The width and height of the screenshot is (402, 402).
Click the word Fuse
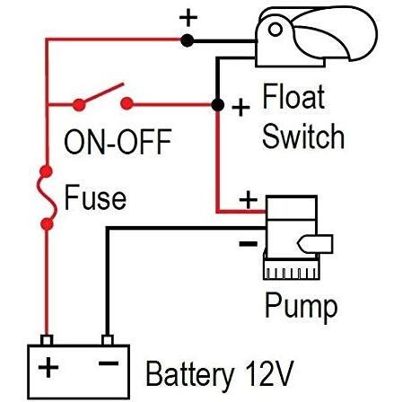point(95,197)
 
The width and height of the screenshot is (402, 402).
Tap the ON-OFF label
point(118,142)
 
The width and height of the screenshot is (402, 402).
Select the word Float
point(293,96)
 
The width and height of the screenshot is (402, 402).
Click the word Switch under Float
point(303,136)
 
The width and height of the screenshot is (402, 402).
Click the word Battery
point(189,375)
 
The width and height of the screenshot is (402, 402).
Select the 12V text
point(269,373)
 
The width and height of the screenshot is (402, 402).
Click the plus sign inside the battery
point(48,366)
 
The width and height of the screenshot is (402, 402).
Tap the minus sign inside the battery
point(109,363)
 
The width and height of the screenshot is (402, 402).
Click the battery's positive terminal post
point(47,340)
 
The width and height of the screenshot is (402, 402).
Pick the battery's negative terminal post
point(108,340)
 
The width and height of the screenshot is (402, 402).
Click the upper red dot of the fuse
point(47,171)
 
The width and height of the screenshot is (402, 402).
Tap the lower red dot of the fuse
point(47,224)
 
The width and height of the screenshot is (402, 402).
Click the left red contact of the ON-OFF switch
point(79,105)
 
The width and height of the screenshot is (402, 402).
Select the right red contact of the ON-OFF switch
point(127,103)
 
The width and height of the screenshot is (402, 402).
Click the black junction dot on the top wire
point(188,40)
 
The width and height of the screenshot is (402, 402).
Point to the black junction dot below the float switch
point(217,105)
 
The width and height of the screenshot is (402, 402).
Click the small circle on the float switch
point(275,30)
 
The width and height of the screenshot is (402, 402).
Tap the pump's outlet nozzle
point(315,244)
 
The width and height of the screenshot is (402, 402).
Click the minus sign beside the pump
point(248,244)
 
